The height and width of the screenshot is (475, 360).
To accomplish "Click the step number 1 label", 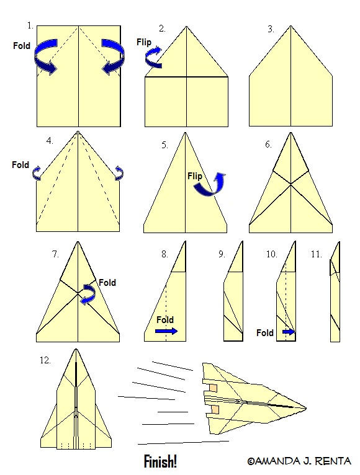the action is tap(30, 26).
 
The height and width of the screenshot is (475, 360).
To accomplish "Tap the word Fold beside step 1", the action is tap(22, 46).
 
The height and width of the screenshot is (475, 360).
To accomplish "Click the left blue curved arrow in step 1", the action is tap(45, 56).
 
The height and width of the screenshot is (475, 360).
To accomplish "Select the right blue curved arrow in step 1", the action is tap(113, 56).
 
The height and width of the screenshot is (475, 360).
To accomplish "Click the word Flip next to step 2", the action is tap(144, 42).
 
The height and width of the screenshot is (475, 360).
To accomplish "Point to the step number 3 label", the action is tap(271, 29).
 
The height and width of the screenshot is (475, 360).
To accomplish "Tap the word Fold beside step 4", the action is tap(20, 165).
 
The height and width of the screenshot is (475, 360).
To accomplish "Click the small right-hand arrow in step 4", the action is tap(119, 173).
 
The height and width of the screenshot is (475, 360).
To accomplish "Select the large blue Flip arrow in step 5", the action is tap(211, 185).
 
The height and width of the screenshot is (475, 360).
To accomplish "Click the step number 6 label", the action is tap(268, 144).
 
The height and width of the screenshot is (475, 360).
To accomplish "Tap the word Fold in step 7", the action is tap(107, 283).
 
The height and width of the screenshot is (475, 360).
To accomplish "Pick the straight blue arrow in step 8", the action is tap(166, 331).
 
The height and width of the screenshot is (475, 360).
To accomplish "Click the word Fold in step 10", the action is tap(265, 333).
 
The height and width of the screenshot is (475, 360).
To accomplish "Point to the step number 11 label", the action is tap(316, 254).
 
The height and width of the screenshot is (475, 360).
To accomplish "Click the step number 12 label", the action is tap(45, 360).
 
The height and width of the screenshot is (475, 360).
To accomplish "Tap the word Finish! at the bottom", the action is tap(160, 462).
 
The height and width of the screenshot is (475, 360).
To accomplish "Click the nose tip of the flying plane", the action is tap(306, 408).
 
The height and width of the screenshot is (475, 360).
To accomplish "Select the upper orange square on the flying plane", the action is tap(214, 388).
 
